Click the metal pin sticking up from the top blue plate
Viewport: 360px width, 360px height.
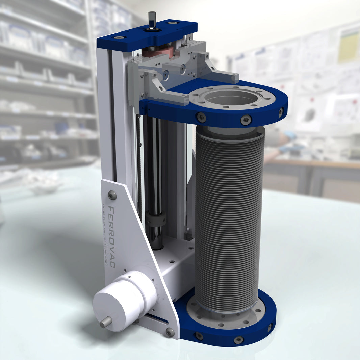pyautogui.click(x=152, y=20)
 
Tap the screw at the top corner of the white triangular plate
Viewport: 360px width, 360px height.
pyautogui.click(x=112, y=195)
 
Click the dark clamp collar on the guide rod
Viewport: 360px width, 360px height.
pyautogui.click(x=156, y=219)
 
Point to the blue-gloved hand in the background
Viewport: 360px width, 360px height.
pyautogui.click(x=286, y=142)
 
